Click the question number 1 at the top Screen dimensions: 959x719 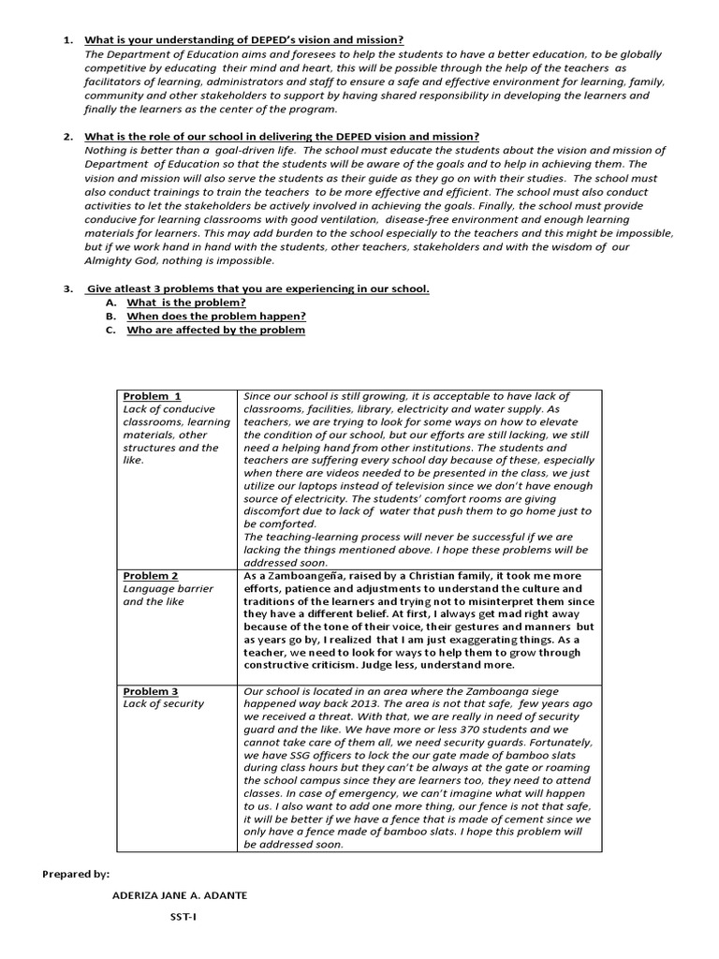67,40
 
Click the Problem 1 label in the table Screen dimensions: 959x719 152,396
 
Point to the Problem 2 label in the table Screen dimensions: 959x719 151,575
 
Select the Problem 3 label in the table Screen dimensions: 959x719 151,691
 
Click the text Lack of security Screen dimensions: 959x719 163,704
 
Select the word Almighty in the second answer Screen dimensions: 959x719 109,260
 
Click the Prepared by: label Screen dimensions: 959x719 76,874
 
